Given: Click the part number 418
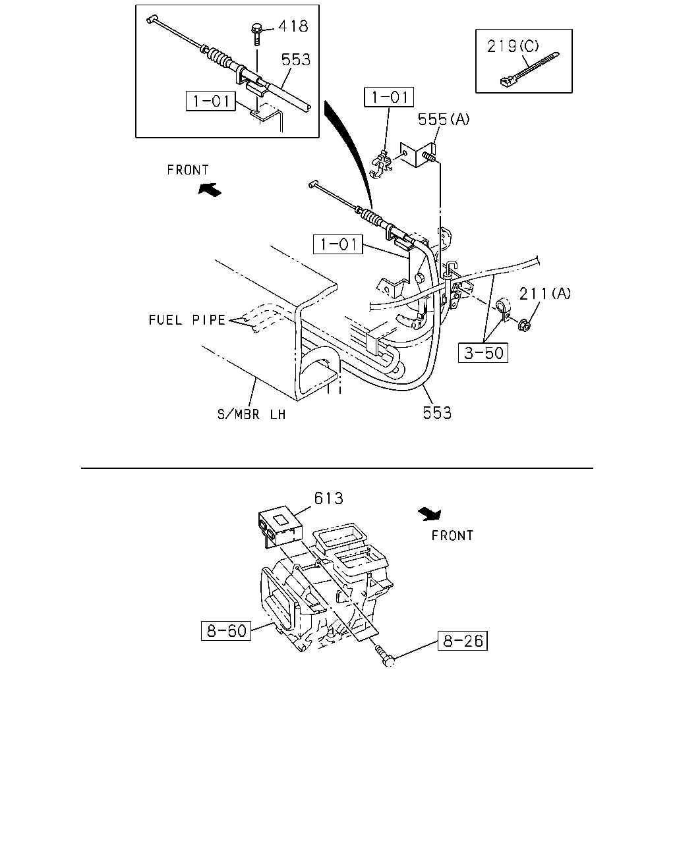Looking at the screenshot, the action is [293, 26].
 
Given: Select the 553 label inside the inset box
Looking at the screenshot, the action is [296, 59].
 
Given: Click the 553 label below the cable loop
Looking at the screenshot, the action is [437, 412].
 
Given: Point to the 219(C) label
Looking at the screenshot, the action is [513, 46].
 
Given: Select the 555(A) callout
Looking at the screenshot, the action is [444, 119].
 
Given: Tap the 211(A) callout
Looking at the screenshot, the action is [544, 293].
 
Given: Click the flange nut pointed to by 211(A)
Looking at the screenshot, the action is [525, 325].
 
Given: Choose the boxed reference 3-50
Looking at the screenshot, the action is [483, 352].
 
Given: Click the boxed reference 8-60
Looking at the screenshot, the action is [226, 631].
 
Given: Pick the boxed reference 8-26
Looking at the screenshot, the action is [463, 641].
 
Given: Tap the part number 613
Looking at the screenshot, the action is [328, 499].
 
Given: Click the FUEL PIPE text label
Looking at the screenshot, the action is [187, 320].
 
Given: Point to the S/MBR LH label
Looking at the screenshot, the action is [251, 414].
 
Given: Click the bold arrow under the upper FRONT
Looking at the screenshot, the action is [210, 190].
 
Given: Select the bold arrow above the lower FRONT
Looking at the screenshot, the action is [430, 514].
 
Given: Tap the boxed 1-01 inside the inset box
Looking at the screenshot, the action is [211, 101].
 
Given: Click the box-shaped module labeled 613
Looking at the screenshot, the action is [279, 526].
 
